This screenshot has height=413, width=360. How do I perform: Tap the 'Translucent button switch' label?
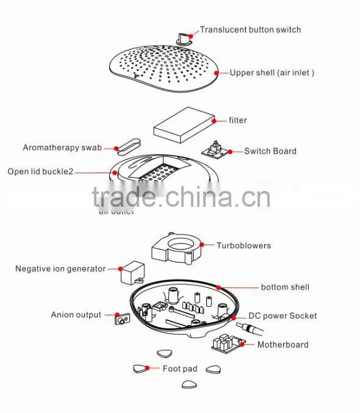tap(250, 29)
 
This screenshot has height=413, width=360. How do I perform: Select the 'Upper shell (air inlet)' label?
tap(272, 73)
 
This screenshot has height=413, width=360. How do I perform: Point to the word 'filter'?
tap(237, 120)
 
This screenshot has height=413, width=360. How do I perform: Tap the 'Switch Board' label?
tap(270, 151)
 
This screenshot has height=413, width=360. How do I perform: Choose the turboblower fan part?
tap(176, 248)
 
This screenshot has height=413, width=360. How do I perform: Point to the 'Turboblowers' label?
tap(243, 246)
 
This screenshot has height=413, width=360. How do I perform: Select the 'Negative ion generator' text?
tap(60, 268)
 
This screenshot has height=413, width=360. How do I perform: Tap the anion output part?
tap(123, 318)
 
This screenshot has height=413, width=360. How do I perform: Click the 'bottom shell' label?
tap(285, 287)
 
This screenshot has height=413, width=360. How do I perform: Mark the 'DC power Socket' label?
tap(282, 316)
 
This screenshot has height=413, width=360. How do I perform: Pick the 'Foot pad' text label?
tap(180, 369)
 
